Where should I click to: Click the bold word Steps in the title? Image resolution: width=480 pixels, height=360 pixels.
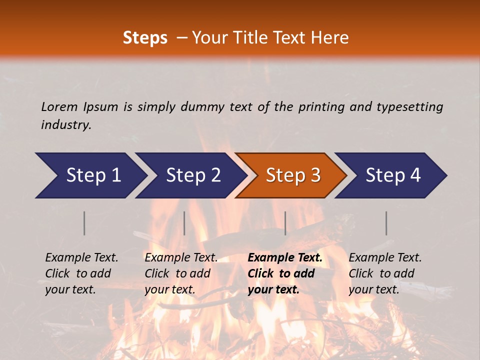point(145,38)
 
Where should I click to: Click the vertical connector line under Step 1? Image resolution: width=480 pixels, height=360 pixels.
point(84,223)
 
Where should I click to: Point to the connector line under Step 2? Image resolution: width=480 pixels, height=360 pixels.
point(184,223)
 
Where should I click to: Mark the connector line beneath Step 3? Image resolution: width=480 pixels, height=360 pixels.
point(285,223)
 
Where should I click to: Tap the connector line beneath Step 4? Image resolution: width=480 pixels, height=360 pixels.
point(386,223)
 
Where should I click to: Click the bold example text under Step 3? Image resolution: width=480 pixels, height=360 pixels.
point(285,273)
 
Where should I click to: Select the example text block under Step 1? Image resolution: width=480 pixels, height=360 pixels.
point(81,273)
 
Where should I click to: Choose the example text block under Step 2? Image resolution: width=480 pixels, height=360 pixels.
point(181,273)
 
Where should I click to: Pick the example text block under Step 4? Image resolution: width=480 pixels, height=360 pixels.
point(385,273)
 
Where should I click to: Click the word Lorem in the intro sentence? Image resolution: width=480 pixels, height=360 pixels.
point(59,106)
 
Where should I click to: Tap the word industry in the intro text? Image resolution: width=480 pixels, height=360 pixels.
point(65,124)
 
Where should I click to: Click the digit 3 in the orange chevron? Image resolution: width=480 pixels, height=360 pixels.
point(315,175)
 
